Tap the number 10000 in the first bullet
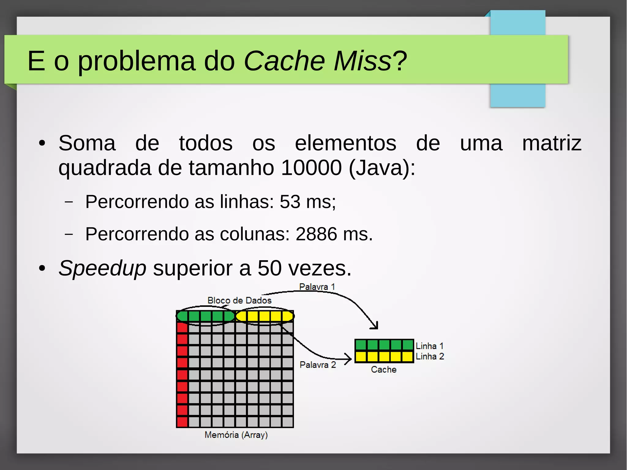311,168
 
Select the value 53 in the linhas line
290,202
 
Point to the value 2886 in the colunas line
316,234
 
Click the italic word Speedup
102,268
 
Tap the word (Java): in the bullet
382,168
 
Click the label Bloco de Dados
239,300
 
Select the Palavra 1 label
317,287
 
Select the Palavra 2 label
317,365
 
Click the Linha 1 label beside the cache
429,346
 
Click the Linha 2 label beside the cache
430,356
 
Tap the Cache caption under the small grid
384,370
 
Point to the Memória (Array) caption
236,435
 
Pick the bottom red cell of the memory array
182,422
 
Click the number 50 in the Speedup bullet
269,268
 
